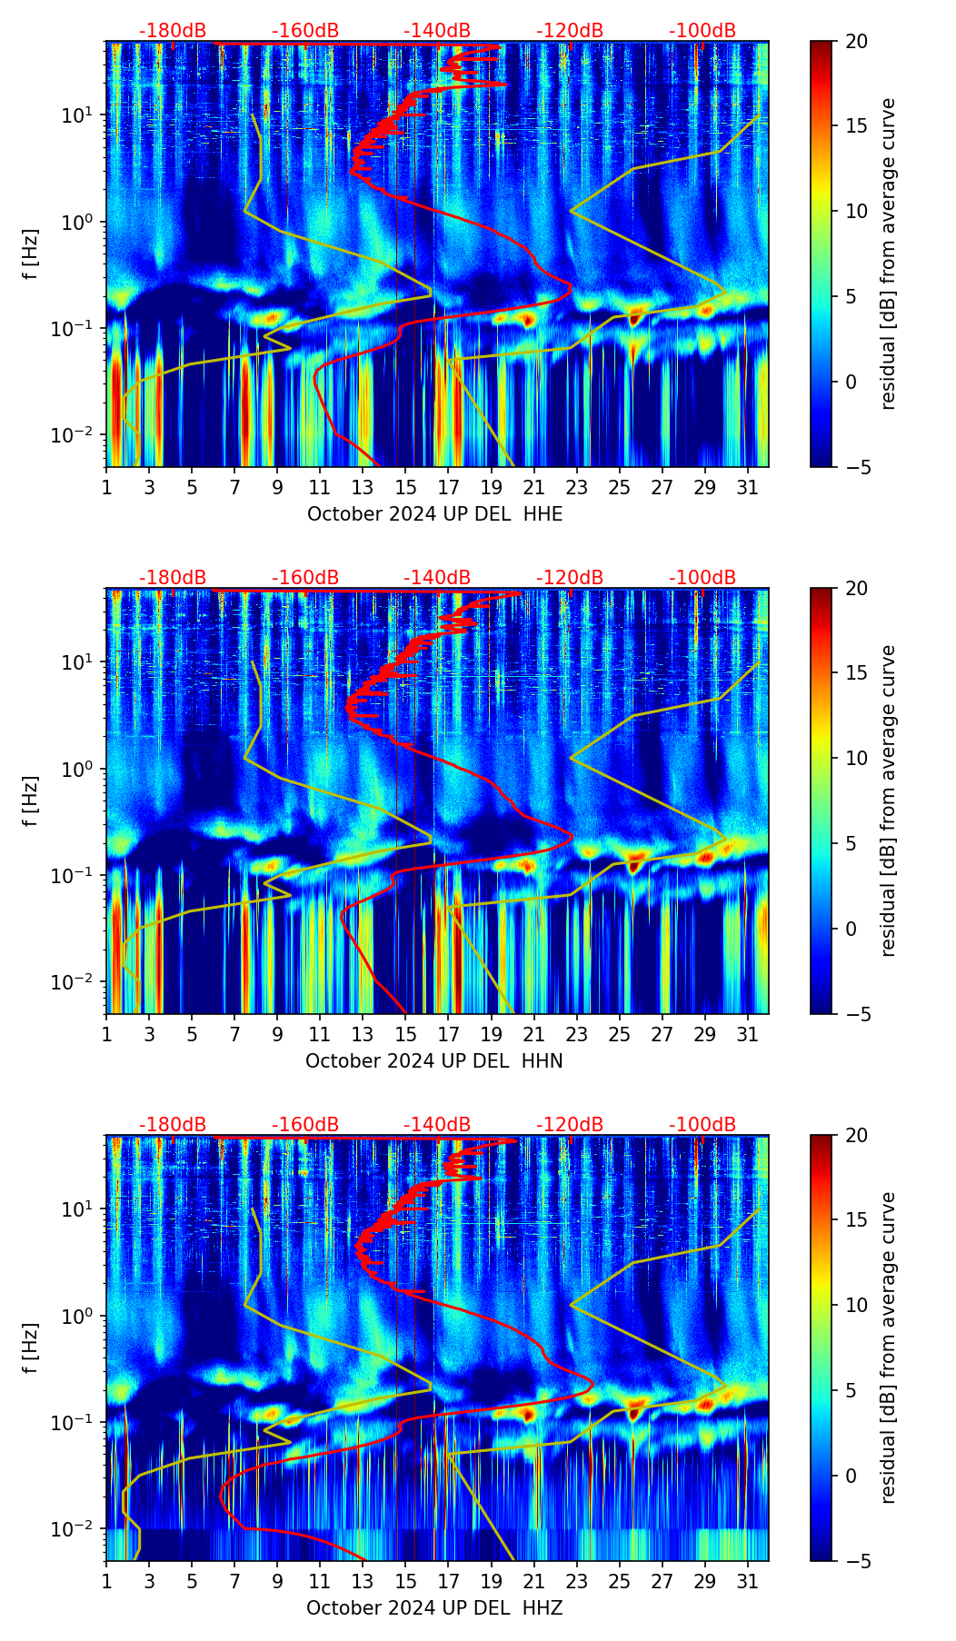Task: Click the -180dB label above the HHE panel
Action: tap(173, 31)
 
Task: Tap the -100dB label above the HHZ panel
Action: tap(702, 1125)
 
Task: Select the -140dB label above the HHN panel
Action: tap(437, 578)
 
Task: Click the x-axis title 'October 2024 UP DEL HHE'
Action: tap(434, 514)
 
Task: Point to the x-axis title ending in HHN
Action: tap(433, 1061)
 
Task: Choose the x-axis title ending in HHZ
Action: tap(433, 1608)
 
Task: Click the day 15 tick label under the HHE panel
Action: tap(406, 487)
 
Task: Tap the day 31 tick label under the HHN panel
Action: tap(748, 1034)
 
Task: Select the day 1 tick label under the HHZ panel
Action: tap(107, 1581)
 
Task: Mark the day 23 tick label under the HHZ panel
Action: tap(577, 1581)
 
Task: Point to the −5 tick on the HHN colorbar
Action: tap(852, 1014)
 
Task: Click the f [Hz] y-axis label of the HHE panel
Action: tap(30, 254)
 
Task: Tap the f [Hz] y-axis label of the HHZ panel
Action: tap(30, 1348)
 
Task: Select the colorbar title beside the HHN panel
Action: tap(888, 801)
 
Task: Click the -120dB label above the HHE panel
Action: tap(570, 31)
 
